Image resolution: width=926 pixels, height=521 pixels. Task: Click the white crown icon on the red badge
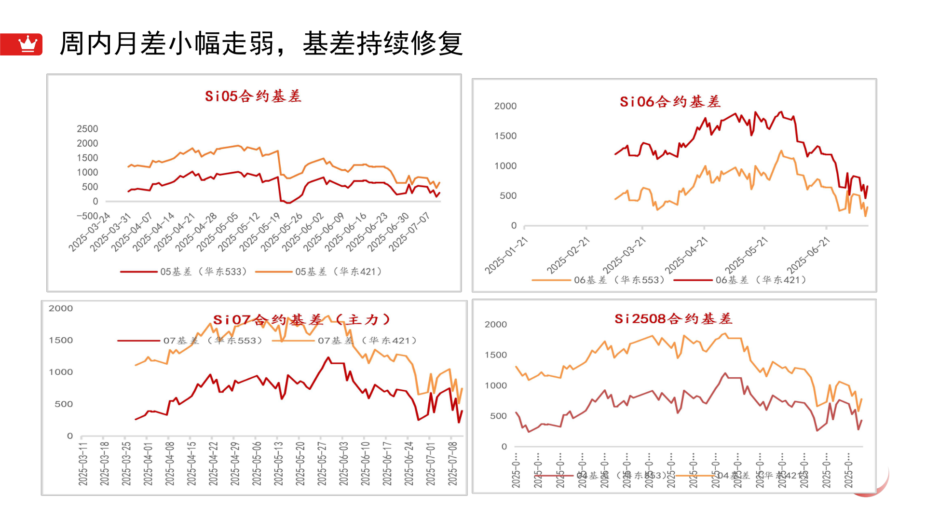[x=28, y=44]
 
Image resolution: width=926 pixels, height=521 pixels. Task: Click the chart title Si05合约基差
[x=253, y=96]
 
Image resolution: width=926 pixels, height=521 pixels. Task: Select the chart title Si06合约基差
[x=670, y=102]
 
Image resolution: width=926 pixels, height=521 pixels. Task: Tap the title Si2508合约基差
[x=673, y=319]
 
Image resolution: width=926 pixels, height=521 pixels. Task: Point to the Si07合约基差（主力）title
[x=302, y=320]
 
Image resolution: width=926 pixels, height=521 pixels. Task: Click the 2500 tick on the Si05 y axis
[x=87, y=129]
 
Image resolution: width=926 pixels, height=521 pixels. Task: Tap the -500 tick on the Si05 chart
[x=87, y=216]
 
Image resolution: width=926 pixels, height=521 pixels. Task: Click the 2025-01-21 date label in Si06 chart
[x=506, y=256]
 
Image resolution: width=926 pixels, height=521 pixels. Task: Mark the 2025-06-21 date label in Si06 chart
[x=808, y=256]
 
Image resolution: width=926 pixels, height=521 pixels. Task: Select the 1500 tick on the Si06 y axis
[x=505, y=136]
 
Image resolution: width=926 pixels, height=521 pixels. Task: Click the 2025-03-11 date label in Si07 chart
[x=83, y=463]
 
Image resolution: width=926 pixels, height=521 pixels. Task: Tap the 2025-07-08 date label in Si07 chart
[x=452, y=463]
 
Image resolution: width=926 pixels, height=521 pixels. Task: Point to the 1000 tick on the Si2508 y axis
[x=495, y=385]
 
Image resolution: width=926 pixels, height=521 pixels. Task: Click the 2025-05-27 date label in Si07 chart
[x=322, y=463]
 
